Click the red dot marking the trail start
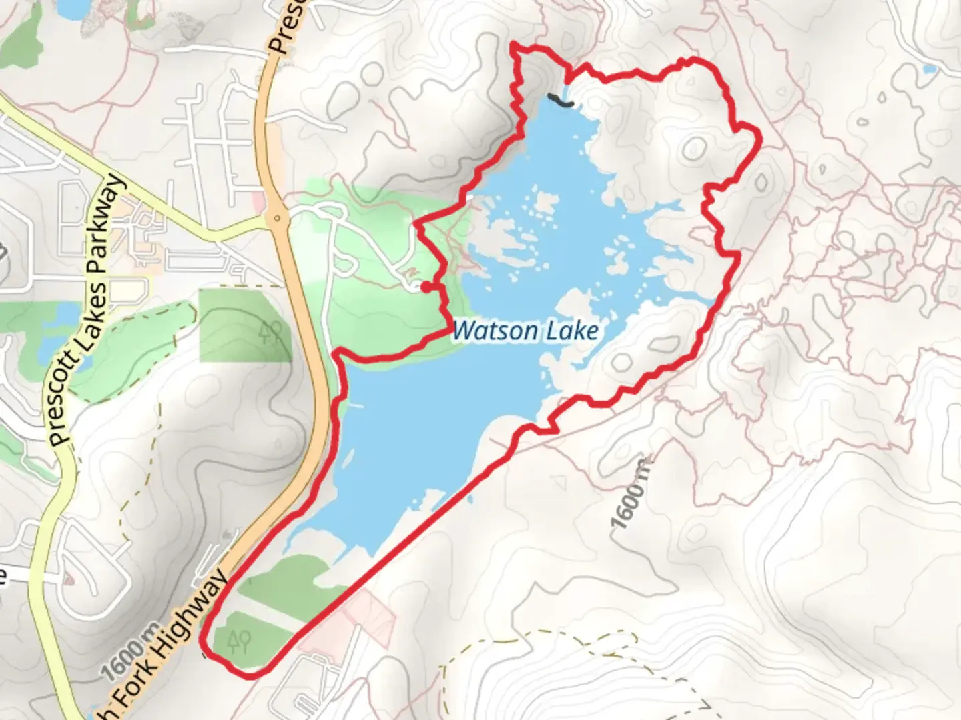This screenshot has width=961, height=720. point(425,287)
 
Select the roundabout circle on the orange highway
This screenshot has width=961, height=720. point(276,217)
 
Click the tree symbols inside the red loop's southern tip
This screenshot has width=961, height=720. point(238,641)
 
